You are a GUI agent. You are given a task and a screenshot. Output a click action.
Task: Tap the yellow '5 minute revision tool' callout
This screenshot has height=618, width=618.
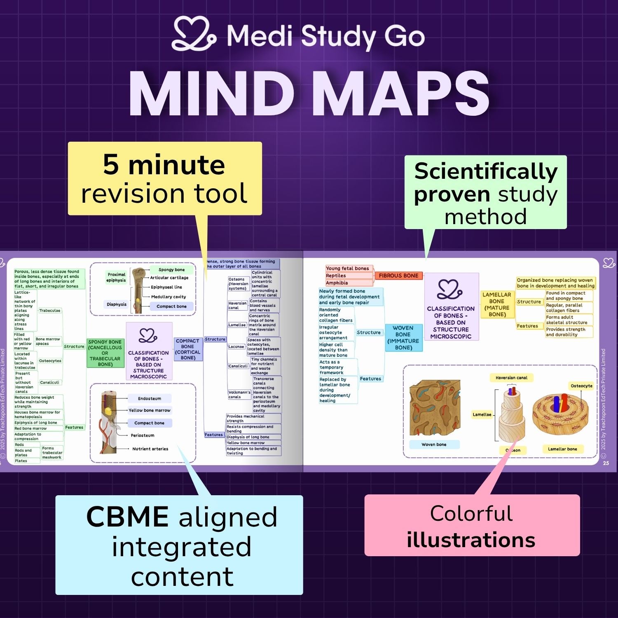[165, 178]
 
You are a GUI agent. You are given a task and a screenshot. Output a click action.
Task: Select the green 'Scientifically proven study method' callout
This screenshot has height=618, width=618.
[485, 193]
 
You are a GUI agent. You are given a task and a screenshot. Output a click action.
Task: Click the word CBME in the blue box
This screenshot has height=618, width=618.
[127, 517]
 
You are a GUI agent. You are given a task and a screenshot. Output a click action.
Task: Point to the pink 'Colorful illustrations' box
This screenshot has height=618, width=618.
[472, 526]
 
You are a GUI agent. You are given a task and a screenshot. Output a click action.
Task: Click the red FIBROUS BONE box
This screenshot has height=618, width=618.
[398, 276]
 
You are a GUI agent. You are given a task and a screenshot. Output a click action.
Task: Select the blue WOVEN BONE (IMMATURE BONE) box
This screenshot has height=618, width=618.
[403, 337]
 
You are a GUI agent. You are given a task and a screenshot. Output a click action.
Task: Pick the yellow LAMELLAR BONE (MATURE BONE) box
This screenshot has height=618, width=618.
[497, 304]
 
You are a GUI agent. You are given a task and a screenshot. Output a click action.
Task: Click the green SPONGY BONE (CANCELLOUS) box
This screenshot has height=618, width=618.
[105, 353]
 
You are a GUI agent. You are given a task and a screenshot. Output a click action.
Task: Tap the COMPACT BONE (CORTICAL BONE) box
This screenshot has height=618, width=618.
[188, 349]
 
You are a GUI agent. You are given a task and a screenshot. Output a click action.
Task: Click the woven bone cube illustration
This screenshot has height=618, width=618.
[434, 408]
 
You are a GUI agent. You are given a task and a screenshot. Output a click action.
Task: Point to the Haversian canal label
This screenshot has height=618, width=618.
[511, 377]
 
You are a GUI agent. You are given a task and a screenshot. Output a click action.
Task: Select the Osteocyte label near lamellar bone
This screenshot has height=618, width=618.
[581, 386]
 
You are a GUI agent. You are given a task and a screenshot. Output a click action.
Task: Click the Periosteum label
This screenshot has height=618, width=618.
[143, 435]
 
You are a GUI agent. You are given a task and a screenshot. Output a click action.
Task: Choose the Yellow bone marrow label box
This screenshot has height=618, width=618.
[149, 410]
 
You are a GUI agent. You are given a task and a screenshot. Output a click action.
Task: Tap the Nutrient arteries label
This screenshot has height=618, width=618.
[150, 449]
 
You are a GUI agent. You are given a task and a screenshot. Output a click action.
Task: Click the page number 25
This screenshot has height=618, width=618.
[606, 463]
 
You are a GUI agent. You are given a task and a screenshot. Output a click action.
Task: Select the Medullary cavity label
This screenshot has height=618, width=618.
[169, 297]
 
